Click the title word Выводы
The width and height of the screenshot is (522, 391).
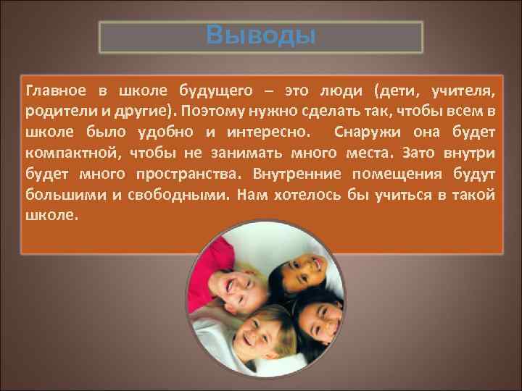(261, 35)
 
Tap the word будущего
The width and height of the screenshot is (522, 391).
(217, 91)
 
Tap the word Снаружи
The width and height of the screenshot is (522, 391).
(369, 133)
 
